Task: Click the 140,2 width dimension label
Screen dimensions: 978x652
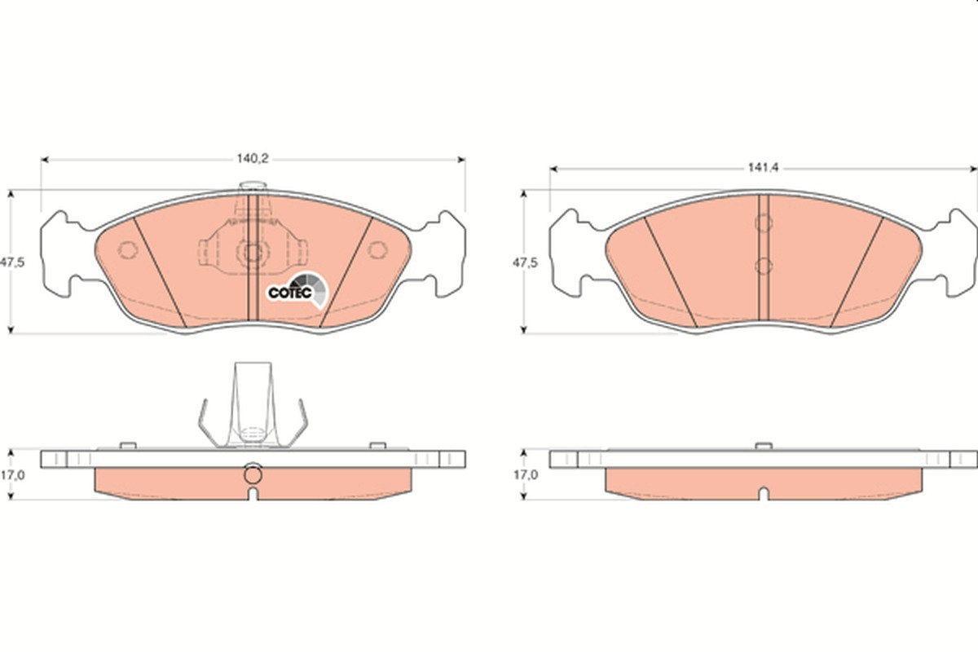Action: point(253,159)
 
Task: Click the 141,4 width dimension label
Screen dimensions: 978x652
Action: point(763,168)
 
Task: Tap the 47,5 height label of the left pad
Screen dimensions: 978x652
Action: point(12,262)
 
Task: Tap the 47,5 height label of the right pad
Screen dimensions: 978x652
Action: point(525,263)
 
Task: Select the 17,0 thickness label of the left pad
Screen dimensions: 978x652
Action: point(12,475)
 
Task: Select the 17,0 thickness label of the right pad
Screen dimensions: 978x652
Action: point(525,475)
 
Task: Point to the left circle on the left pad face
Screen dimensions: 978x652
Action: point(128,249)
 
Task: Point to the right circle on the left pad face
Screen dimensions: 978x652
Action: point(377,249)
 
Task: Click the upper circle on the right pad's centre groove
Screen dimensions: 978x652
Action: point(764,222)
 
